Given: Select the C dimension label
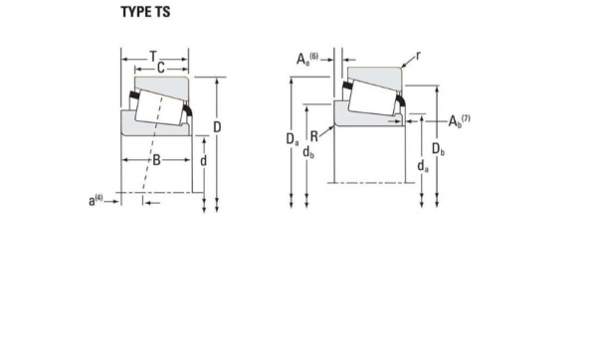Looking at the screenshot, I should tap(160, 68).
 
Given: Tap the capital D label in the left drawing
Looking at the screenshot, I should tap(216, 127).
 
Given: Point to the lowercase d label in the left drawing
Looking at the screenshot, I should tap(204, 161).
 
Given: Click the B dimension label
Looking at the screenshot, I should tap(156, 159).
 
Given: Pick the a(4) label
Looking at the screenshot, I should tap(96, 200).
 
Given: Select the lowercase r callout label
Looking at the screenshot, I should tap(417, 56).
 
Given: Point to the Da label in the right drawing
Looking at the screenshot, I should tap(292, 139).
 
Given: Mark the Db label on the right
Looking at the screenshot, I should tap(439, 149).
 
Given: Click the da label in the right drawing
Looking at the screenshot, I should tap(423, 166).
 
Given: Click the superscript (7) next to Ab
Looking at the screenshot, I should tap(466, 118).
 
